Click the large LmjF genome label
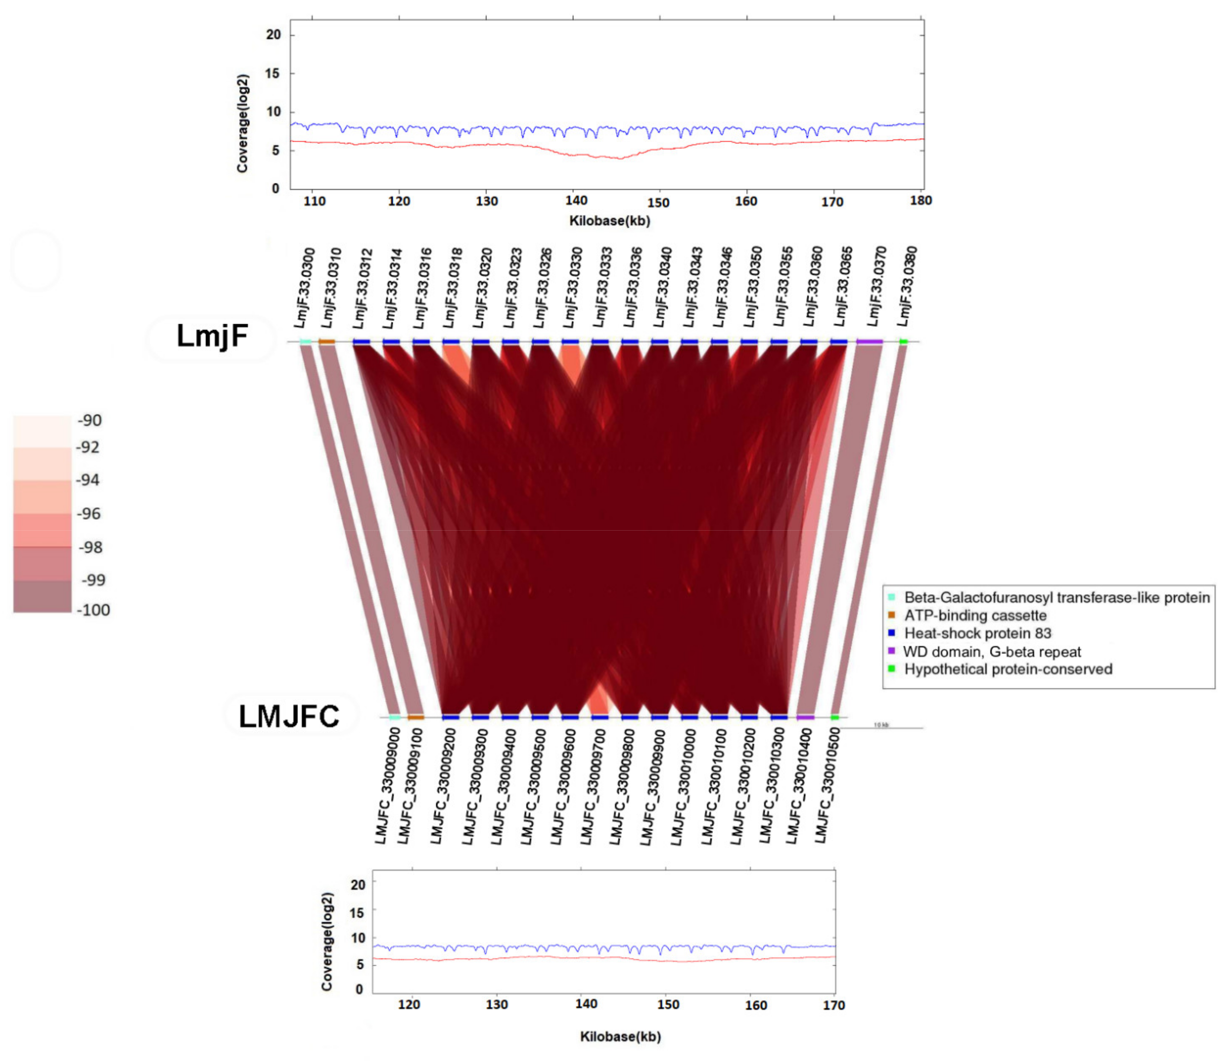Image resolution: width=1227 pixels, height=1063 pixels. pos(212,336)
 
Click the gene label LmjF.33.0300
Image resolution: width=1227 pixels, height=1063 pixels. pos(304,288)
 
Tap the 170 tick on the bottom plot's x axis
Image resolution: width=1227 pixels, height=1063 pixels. pos(833,1005)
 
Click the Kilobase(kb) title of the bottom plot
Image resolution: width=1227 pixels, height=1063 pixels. pos(620,1036)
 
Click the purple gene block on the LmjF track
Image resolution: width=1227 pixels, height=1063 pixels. pos(869,342)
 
